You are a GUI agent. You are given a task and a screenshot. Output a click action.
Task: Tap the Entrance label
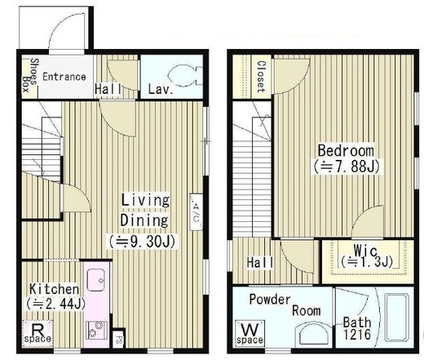pyautogui.click(x=64, y=77)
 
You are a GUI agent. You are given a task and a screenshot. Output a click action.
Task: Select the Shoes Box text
pyautogui.click(x=30, y=75)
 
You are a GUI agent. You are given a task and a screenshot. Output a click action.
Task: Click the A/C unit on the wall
pyautogui.click(x=197, y=212)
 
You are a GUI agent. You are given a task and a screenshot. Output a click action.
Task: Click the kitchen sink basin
pyautogui.click(x=95, y=280)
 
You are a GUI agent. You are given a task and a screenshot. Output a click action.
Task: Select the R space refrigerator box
pyautogui.click(x=38, y=333)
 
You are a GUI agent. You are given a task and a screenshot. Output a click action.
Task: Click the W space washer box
pyautogui.click(x=250, y=333)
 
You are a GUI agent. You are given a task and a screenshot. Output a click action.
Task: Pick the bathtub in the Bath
pyautogui.click(x=397, y=317)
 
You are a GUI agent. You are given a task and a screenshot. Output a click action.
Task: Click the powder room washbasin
pyautogui.click(x=313, y=334)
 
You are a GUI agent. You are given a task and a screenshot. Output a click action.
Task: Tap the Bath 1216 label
pyautogui.click(x=357, y=328)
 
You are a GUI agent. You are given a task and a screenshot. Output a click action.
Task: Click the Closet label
pyautogui.click(x=261, y=77)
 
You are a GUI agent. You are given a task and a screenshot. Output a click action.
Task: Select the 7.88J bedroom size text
pyautogui.click(x=347, y=167)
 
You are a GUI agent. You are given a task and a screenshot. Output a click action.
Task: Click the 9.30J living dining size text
pyautogui.click(x=142, y=242)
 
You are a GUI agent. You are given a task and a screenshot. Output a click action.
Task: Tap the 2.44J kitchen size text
pyautogui.click(x=56, y=304)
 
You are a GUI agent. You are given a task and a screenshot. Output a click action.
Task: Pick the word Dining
pyautogui.click(x=144, y=220)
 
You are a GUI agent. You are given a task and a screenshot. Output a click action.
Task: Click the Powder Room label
pyautogui.click(x=285, y=304)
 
